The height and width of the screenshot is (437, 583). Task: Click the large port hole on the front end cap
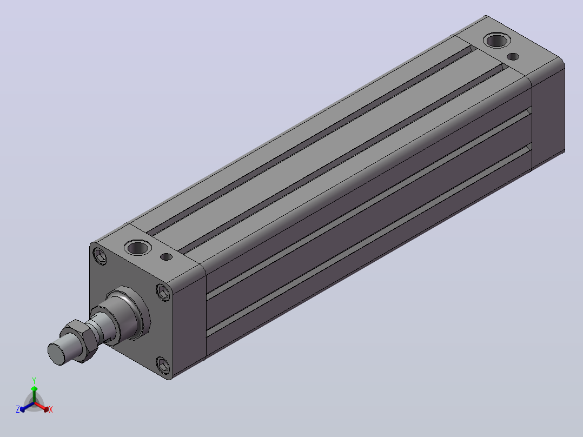pyautogui.click(x=137, y=247)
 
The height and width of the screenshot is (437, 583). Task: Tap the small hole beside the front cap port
pyautogui.click(x=166, y=257)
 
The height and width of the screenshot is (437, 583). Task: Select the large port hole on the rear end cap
pyautogui.click(x=496, y=40)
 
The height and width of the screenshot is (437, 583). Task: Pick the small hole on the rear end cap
pyautogui.click(x=513, y=57)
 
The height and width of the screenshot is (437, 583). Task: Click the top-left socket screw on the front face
pyautogui.click(x=100, y=256)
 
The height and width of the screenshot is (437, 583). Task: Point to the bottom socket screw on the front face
pyautogui.click(x=163, y=365)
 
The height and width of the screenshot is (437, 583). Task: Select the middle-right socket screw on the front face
pyautogui.click(x=163, y=292)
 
